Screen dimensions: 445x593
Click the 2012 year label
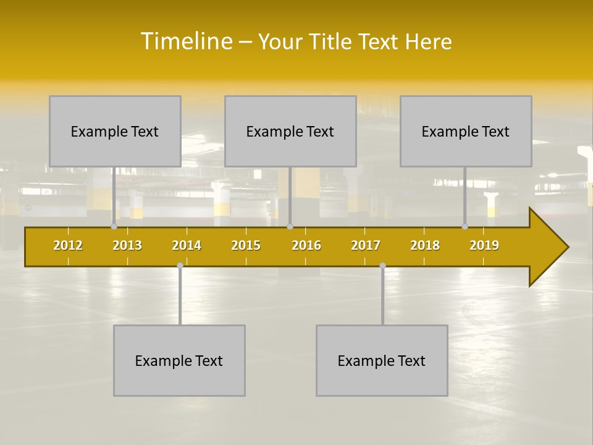pos(68,245)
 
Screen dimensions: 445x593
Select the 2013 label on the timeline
pos(127,245)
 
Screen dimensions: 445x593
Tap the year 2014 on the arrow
pos(187,245)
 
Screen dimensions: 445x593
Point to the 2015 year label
pos(246,245)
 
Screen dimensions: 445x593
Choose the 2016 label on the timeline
pos(306,245)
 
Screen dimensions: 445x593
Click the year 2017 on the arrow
pos(366,245)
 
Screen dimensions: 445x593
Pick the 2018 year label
pos(425,245)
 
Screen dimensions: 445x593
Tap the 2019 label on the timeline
pos(484,245)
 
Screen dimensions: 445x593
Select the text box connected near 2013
pos(115,131)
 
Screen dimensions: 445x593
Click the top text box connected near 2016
pos(290,131)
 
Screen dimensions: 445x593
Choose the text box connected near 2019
pos(466,131)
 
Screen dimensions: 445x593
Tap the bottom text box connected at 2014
pos(179,360)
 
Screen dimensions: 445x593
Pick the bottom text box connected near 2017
pos(382,360)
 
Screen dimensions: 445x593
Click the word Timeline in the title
pos(187,41)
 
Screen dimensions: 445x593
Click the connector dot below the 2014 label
pos(180,266)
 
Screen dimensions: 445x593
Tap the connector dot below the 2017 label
pos(382,266)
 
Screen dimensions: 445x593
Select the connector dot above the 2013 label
pos(114,226)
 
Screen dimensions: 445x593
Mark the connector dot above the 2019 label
pos(465,226)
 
